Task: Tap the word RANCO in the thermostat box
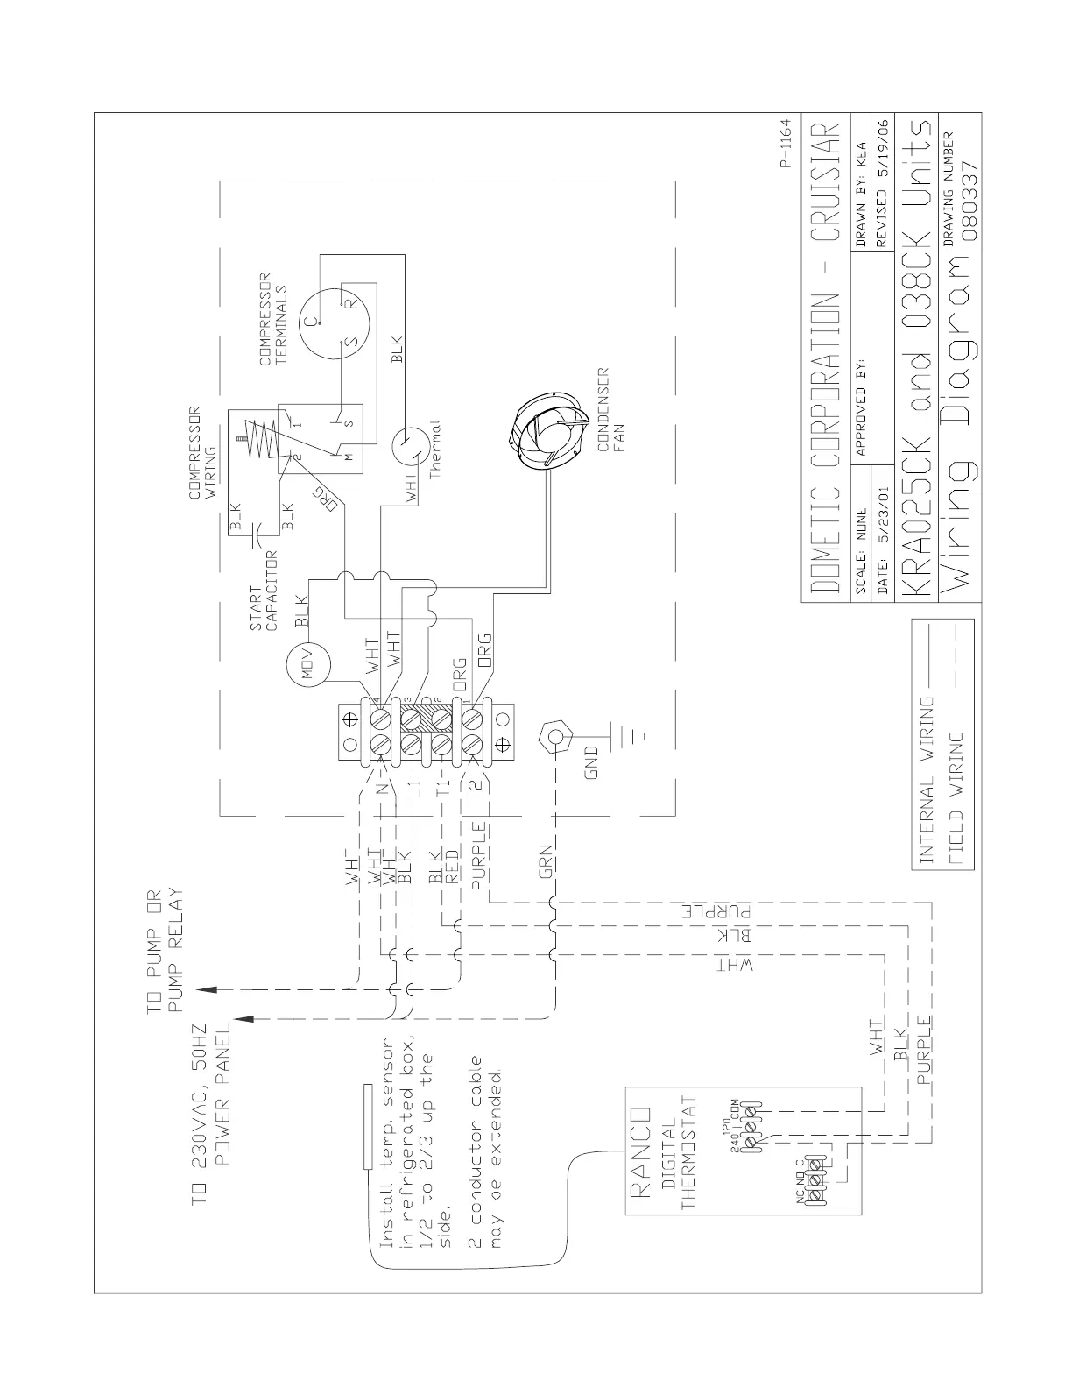tap(642, 1151)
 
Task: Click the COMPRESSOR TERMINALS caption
tap(272, 319)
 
